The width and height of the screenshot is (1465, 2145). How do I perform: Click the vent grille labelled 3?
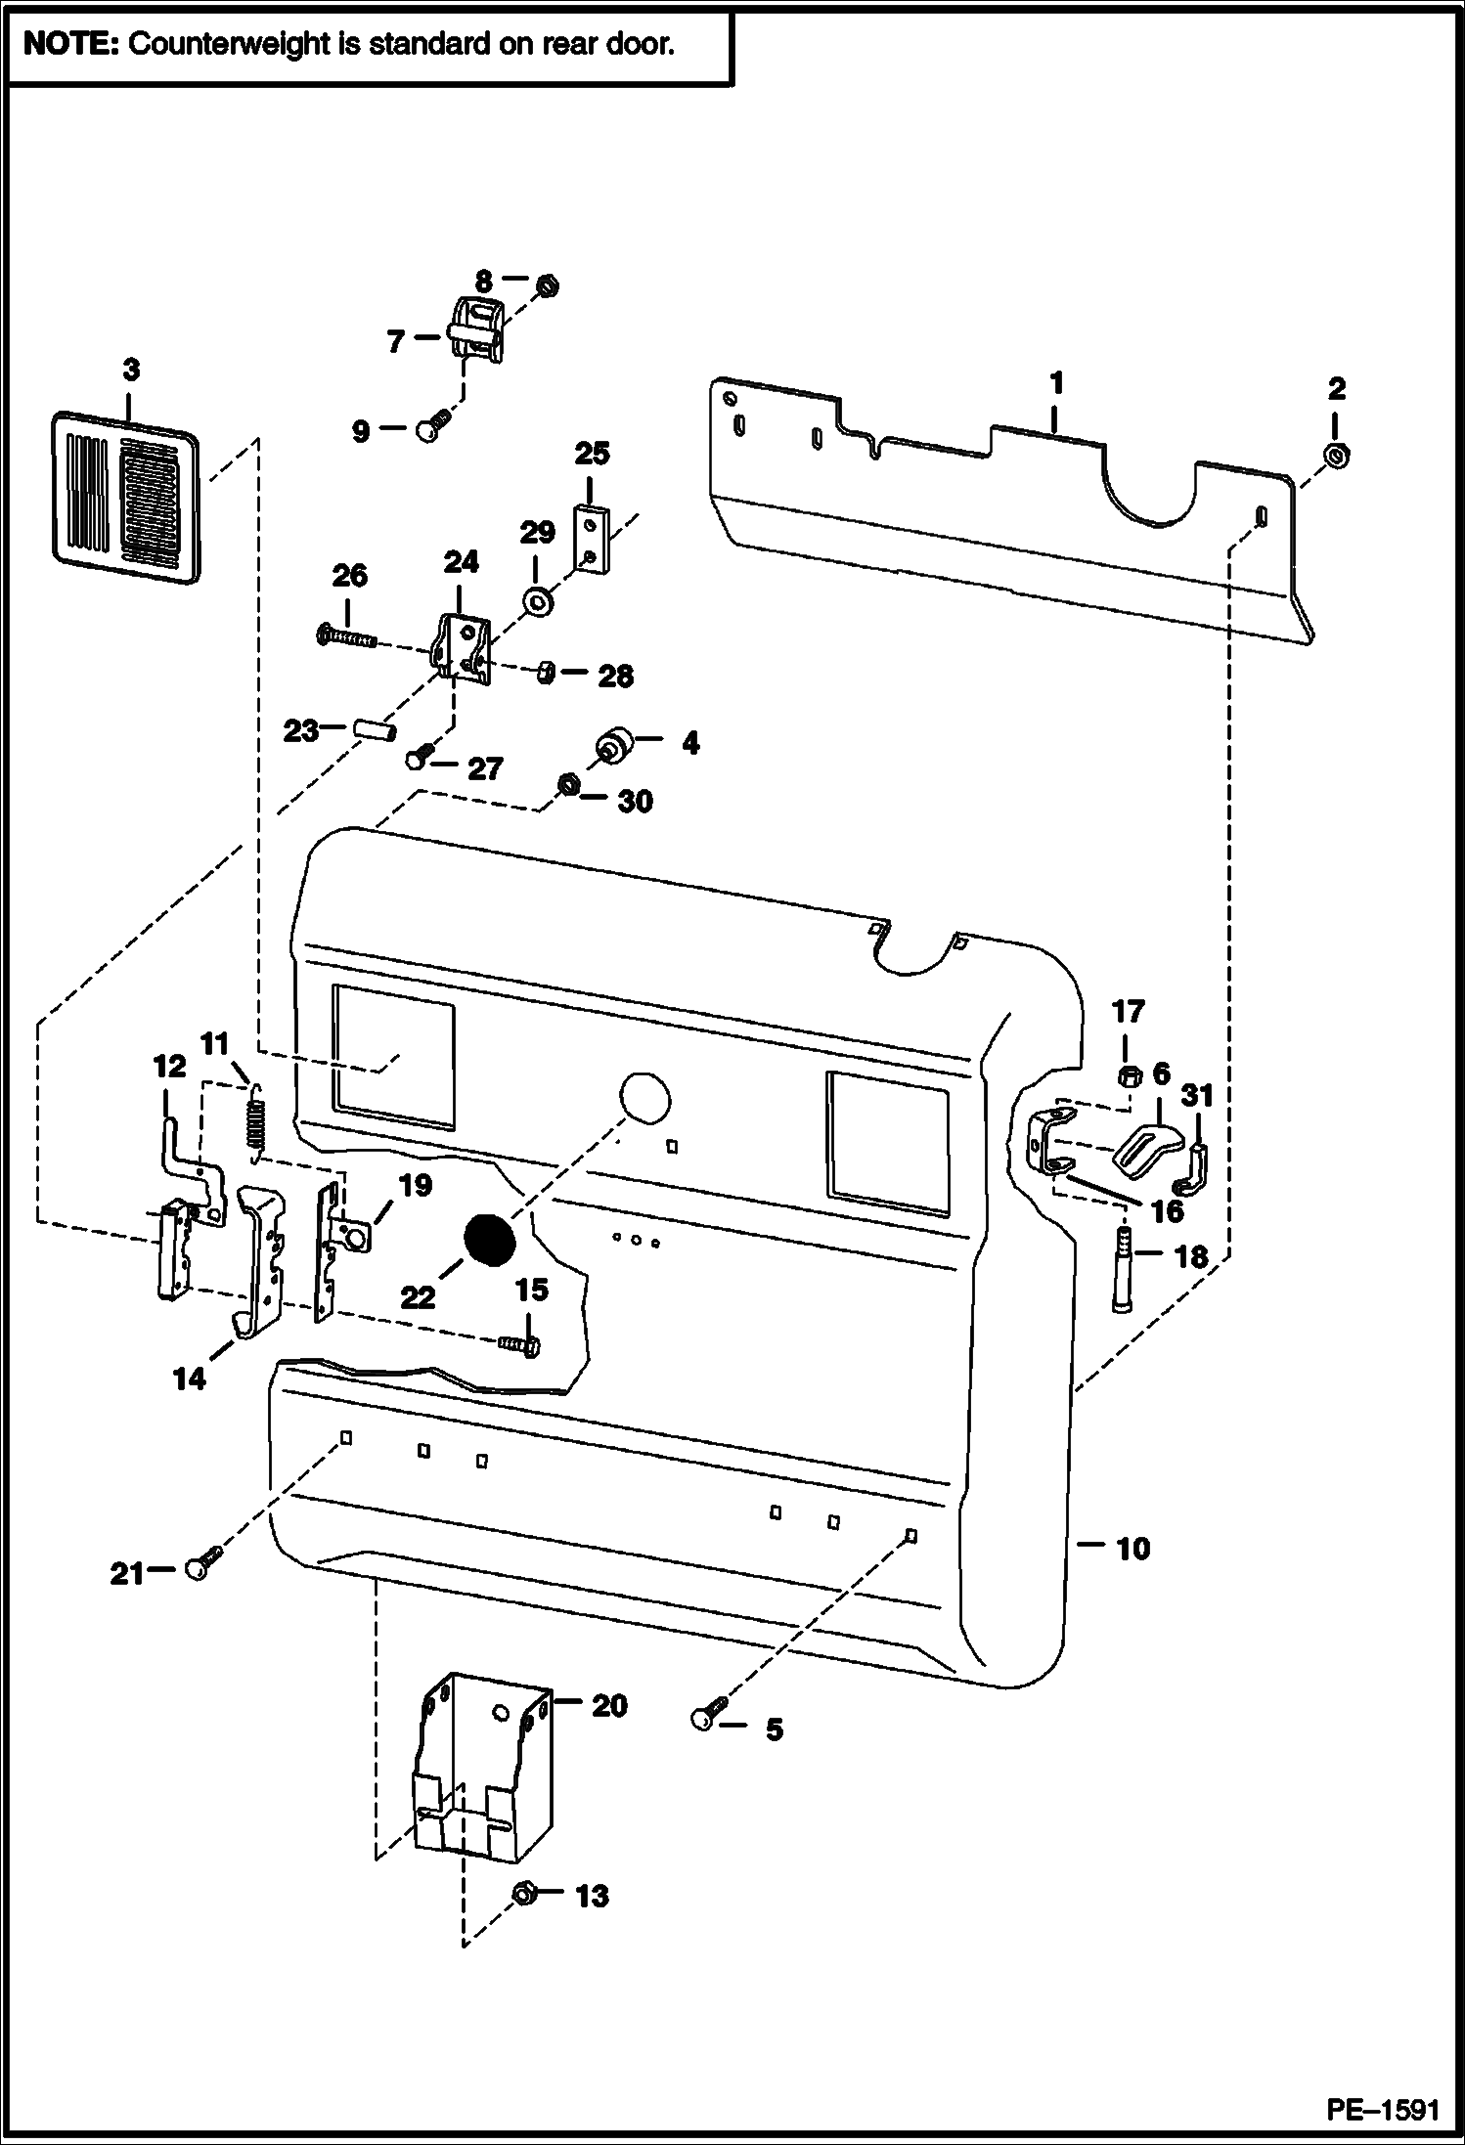(125, 499)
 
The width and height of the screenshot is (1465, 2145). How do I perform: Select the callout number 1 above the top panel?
(1056, 383)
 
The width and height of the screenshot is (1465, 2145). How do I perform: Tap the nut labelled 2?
(1336, 455)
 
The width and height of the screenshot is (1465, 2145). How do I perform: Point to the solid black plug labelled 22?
(489, 1240)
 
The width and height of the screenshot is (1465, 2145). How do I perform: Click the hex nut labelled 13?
(523, 1895)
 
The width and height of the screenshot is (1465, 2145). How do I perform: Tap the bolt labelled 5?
(707, 1715)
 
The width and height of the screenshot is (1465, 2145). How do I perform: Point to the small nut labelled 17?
(1127, 1077)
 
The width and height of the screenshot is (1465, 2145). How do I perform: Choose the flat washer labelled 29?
(535, 599)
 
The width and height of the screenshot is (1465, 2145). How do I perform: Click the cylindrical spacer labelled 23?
(374, 729)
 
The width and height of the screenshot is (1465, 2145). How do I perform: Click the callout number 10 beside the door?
(1132, 1548)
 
